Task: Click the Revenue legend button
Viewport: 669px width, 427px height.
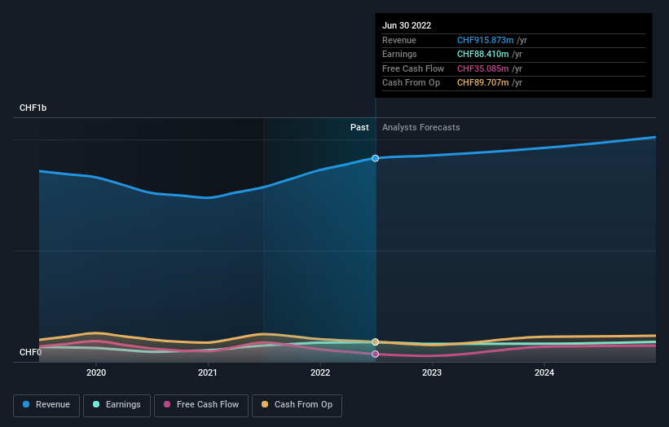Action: point(46,404)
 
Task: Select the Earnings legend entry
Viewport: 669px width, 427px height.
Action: point(117,404)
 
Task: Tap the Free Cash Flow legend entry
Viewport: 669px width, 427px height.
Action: point(200,404)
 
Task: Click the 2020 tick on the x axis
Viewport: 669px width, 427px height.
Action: point(96,372)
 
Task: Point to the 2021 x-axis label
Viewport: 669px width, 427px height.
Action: point(208,372)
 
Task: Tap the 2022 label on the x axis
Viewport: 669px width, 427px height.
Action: point(320,372)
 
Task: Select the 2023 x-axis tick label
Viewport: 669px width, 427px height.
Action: point(432,372)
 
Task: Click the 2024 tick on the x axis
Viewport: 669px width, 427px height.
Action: point(544,372)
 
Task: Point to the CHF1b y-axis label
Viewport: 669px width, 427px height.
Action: point(33,108)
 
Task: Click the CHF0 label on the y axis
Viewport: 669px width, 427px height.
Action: point(30,352)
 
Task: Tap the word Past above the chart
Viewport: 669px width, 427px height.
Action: point(359,127)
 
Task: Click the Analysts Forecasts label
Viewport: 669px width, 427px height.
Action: point(420,127)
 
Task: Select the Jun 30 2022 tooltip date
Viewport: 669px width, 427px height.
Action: point(407,25)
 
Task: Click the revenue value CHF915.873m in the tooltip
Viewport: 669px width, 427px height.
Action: point(486,40)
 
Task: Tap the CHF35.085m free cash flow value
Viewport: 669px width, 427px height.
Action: point(483,68)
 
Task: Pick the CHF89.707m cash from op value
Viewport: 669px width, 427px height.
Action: point(483,83)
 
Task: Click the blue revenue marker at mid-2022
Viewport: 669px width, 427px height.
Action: point(376,158)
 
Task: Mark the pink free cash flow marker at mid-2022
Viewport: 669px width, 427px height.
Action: point(376,354)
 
